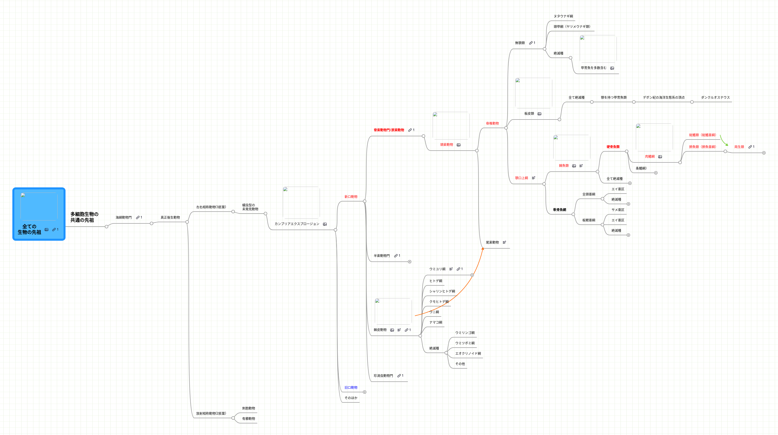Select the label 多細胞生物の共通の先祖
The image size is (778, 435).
pos(84,217)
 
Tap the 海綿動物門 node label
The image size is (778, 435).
pos(124,217)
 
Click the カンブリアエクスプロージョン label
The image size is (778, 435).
pos(297,224)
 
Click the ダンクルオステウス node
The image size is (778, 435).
pos(715,98)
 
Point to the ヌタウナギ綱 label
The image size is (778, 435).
pos(563,16)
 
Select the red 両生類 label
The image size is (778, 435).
pos(739,147)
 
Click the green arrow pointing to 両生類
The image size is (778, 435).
pos(724,141)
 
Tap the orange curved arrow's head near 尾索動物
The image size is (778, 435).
pos(483,249)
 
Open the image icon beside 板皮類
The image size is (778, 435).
pos(539,114)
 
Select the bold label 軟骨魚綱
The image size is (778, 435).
pos(559,210)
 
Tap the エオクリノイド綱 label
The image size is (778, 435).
pos(468,354)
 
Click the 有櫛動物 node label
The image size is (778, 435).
pos(248,419)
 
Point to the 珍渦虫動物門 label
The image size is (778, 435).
pos(383,376)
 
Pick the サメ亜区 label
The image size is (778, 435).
pos(618,210)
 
